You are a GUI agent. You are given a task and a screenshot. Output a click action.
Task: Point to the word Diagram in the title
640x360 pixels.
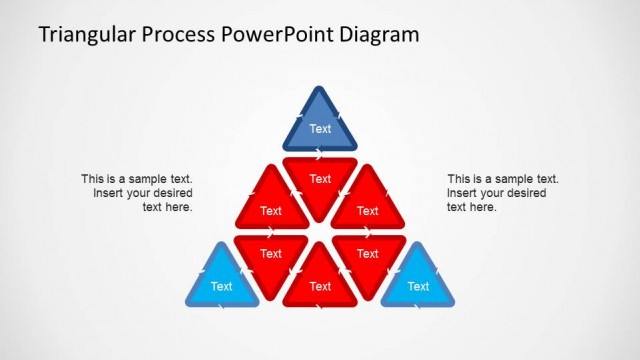click(x=377, y=35)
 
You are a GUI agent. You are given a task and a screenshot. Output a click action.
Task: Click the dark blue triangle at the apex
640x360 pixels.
click(x=320, y=124)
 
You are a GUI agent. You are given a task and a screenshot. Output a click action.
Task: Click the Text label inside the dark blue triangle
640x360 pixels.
click(x=320, y=129)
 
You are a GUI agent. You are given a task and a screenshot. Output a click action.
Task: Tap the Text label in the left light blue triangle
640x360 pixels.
click(x=222, y=286)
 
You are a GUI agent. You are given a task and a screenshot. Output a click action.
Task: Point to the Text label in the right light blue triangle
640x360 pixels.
click(x=418, y=286)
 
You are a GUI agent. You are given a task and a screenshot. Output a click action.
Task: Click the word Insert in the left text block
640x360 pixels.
click(x=110, y=193)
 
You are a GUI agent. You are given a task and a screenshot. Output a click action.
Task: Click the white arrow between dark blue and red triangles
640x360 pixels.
click(x=320, y=154)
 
